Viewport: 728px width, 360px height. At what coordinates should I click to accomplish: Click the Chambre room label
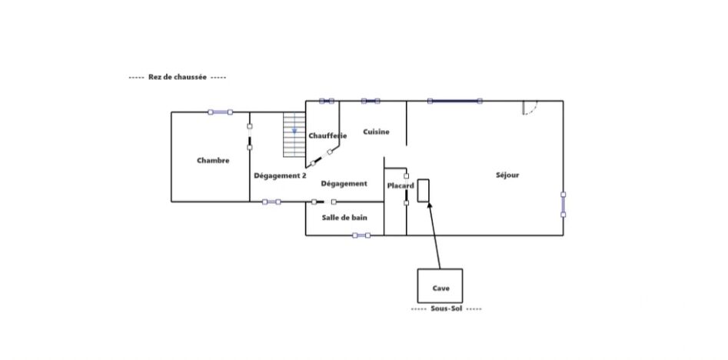(213, 160)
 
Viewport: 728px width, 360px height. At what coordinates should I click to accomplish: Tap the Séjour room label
(507, 175)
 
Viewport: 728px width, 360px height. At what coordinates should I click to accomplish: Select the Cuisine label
(376, 132)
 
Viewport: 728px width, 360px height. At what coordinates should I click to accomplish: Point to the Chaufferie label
(327, 135)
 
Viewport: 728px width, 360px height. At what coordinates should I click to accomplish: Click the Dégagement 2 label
(280, 176)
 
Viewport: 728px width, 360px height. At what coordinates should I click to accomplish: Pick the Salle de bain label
(344, 218)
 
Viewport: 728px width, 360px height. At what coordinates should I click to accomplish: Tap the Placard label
(401, 186)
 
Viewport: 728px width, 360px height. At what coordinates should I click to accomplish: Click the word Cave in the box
(440, 288)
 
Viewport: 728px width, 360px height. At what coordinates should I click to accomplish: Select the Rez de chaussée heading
(178, 77)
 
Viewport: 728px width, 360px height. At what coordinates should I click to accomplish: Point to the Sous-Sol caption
(446, 308)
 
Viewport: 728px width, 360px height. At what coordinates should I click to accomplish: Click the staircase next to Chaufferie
(294, 135)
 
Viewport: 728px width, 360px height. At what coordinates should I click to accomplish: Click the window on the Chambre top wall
(220, 112)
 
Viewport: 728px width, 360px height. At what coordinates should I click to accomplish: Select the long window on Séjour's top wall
(454, 101)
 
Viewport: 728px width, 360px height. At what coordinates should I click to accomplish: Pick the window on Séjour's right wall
(563, 205)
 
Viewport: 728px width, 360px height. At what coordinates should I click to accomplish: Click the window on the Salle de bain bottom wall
(361, 235)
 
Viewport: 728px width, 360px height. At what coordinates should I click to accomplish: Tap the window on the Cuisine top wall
(371, 101)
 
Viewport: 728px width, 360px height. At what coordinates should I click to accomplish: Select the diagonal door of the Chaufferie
(321, 158)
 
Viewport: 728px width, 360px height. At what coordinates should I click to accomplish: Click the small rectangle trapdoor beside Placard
(423, 191)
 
